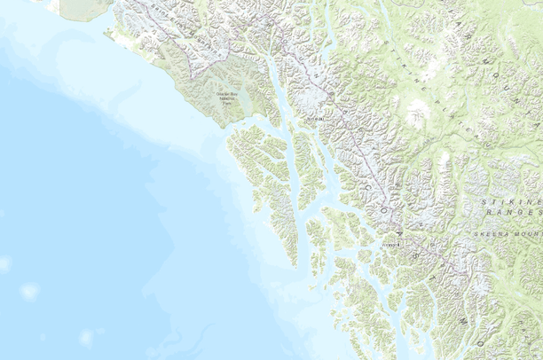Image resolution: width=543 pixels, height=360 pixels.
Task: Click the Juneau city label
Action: pos(311,115)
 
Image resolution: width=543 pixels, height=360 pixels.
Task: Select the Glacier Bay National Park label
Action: pos(231,99)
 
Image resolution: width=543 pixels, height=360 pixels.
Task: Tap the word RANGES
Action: pos(523,214)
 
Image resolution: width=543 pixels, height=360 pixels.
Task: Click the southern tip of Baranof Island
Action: pos(294,263)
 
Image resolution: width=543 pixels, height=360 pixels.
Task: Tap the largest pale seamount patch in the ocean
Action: pos(29,291)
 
